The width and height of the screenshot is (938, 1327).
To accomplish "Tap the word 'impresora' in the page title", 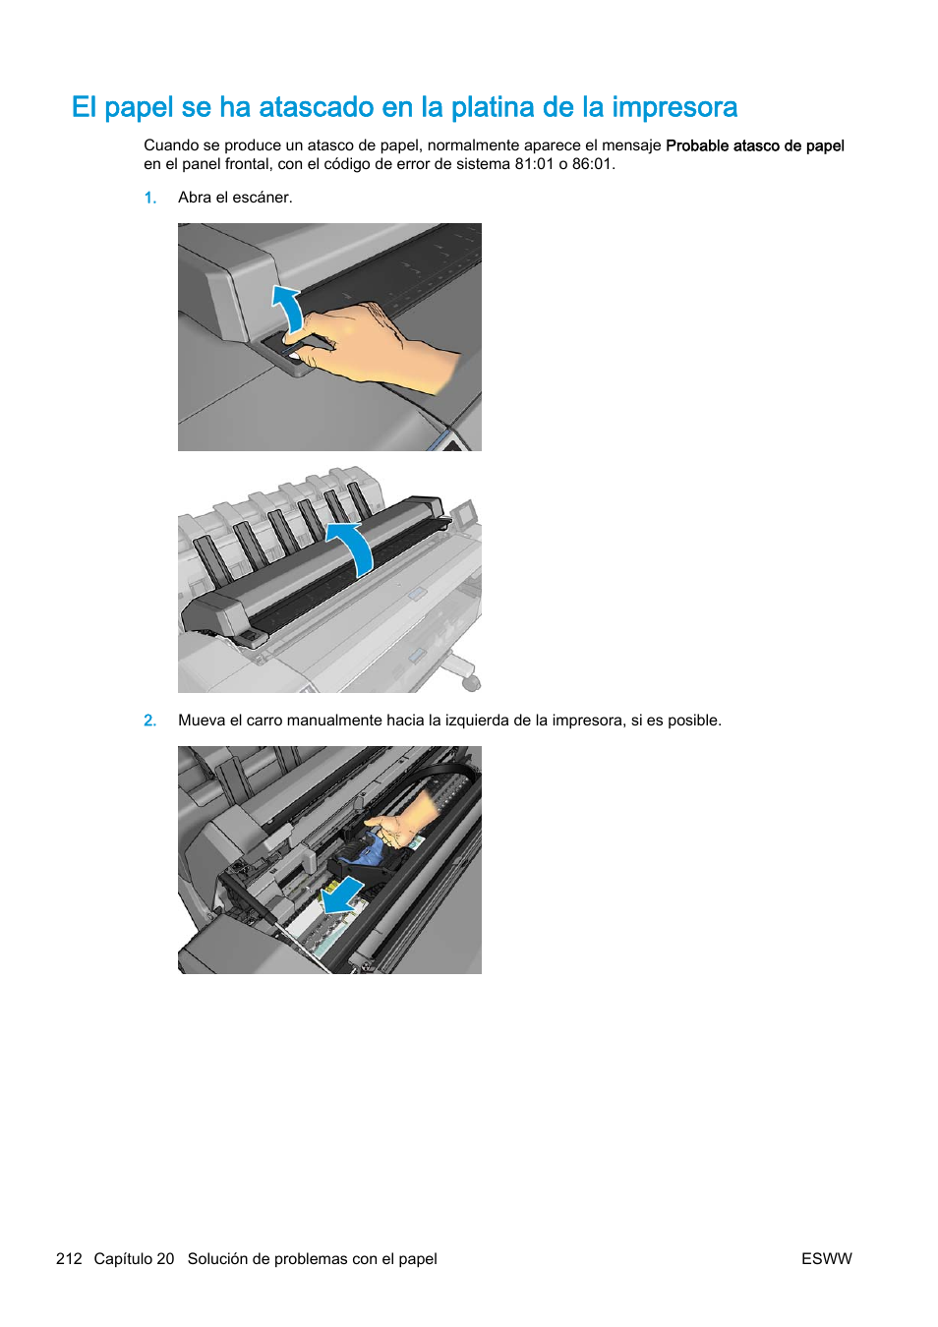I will [x=674, y=107].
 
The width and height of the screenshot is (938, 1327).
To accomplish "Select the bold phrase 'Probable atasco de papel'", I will [x=754, y=145].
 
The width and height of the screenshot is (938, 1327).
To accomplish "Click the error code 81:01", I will [x=534, y=164].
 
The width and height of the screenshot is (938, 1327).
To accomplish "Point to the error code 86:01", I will [x=593, y=164].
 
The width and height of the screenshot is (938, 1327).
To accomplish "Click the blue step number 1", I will [x=149, y=198].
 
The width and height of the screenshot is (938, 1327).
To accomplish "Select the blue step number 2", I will [x=149, y=721].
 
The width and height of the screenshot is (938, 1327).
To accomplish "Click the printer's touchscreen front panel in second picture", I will [x=463, y=512].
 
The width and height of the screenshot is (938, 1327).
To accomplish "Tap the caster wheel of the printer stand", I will [x=472, y=681].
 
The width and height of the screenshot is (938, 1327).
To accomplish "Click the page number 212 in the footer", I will [x=69, y=1259].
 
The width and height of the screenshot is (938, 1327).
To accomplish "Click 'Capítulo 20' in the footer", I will [x=134, y=1259].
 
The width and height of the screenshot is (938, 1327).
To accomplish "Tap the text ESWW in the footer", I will [x=826, y=1259].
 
